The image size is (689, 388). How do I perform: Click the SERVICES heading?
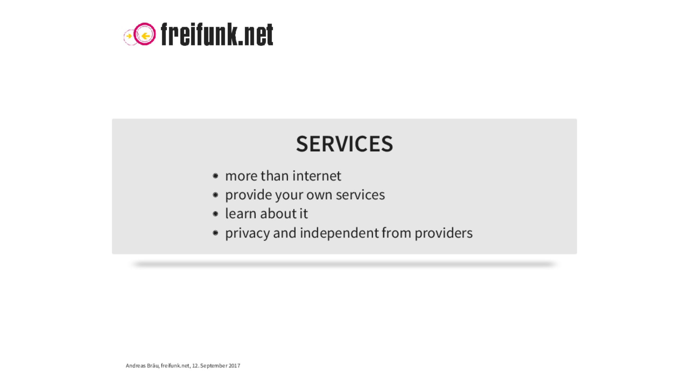click(344, 144)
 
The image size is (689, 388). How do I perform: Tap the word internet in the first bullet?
click(317, 176)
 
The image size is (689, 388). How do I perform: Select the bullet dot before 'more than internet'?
click(215, 176)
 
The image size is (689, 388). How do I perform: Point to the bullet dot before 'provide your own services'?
click(215, 195)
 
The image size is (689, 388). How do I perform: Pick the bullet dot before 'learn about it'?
click(215, 214)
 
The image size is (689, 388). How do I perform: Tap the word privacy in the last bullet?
click(248, 233)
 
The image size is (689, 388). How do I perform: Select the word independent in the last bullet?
click(339, 233)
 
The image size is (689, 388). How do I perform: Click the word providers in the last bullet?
click(444, 233)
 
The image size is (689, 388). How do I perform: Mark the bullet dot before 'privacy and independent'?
click(215, 233)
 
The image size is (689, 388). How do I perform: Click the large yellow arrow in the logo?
click(146, 36)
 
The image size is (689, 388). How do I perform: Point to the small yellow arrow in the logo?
click(129, 36)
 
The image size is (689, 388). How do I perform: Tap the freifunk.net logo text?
click(217, 34)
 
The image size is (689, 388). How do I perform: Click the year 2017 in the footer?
click(234, 366)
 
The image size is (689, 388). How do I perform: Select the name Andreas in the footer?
click(136, 366)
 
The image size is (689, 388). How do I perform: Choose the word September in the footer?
click(214, 366)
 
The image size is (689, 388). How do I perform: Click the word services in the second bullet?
click(360, 195)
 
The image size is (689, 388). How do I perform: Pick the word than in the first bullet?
click(275, 176)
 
